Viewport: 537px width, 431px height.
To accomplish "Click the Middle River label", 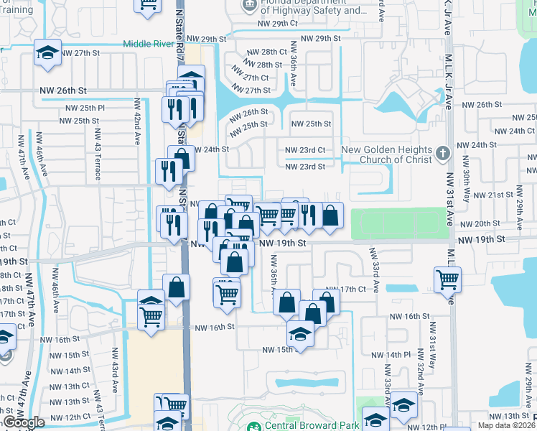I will tap(149, 44).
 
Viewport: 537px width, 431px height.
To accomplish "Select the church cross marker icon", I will tap(443, 153).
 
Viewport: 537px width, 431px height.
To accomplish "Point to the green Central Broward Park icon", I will tap(253, 426).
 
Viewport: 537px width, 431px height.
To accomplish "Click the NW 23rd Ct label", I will tap(305, 149).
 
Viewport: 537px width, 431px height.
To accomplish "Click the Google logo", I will tap(24, 422).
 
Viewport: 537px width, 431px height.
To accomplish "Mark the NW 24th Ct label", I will tap(511, 131).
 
